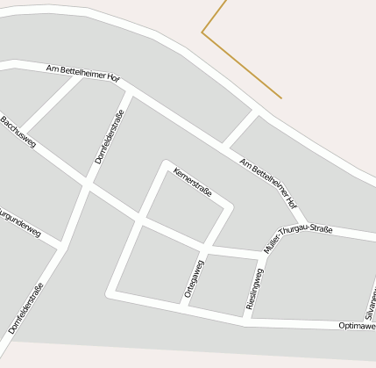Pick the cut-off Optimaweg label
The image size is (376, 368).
pos(357,325)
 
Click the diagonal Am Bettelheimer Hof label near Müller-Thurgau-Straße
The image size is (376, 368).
pos(268,182)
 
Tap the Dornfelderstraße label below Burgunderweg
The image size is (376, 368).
pos(25,307)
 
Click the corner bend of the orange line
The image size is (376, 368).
pos(202,33)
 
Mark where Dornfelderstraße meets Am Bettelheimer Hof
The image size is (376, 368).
pos(129,90)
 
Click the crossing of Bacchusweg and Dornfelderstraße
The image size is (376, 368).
pos(86,185)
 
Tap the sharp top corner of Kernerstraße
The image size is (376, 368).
pos(165,162)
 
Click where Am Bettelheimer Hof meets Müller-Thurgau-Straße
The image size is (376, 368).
pos(304,223)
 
